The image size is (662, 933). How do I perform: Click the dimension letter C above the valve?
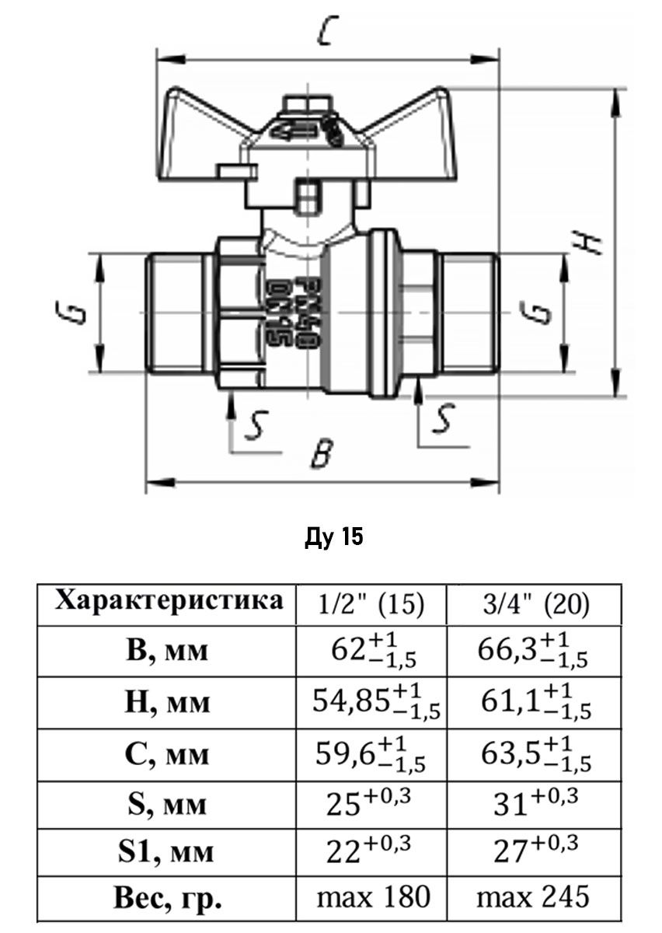click(x=329, y=32)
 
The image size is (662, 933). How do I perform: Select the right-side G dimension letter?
click(x=543, y=313)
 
